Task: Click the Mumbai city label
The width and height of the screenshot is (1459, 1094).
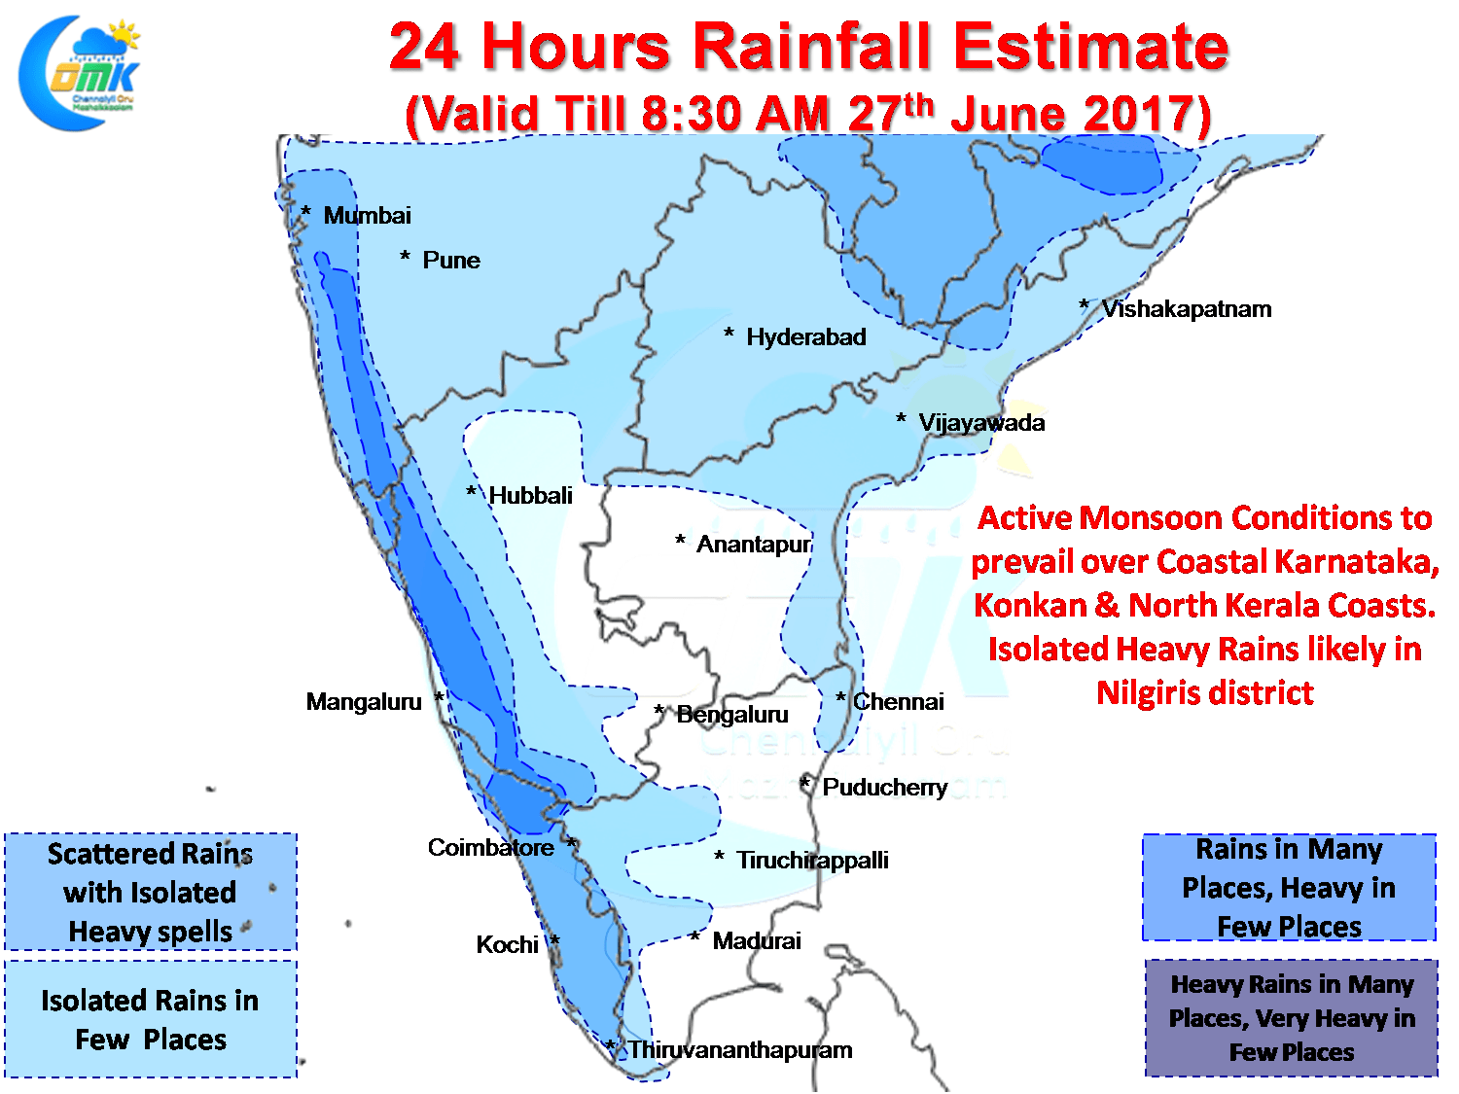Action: tap(367, 216)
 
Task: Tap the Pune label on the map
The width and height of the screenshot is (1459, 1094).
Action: tap(451, 261)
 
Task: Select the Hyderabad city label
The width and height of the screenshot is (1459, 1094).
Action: tap(805, 337)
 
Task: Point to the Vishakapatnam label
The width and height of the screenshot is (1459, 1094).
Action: tap(1186, 309)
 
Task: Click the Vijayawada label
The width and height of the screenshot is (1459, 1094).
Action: tap(981, 423)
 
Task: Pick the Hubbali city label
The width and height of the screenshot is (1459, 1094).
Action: tap(530, 496)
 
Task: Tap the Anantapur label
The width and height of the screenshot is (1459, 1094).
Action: tap(754, 545)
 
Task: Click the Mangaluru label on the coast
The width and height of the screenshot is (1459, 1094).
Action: tap(364, 702)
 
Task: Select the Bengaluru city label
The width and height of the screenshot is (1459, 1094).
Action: tap(731, 715)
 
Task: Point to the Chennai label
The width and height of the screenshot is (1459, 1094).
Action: tap(898, 702)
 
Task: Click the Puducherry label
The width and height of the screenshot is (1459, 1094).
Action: tap(884, 788)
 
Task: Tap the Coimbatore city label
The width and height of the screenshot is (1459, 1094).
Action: tap(490, 848)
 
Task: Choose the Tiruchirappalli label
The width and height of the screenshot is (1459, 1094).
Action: tap(812, 861)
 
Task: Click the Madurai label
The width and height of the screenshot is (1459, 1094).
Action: tap(757, 941)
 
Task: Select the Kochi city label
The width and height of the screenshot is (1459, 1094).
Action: tap(507, 945)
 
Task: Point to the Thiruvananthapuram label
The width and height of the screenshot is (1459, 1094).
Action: tap(739, 1050)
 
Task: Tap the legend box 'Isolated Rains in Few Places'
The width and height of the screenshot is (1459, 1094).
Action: tap(151, 1019)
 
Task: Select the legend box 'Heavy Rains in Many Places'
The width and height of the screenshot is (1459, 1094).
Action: tap(1291, 1018)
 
